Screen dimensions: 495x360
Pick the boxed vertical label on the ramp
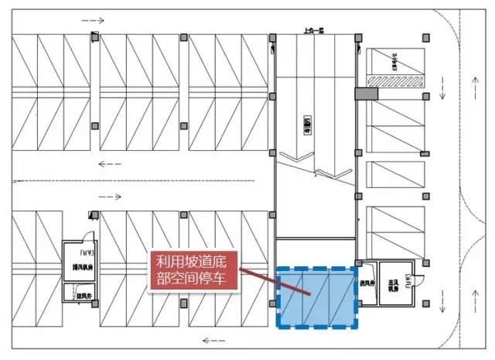coord(307,123)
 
